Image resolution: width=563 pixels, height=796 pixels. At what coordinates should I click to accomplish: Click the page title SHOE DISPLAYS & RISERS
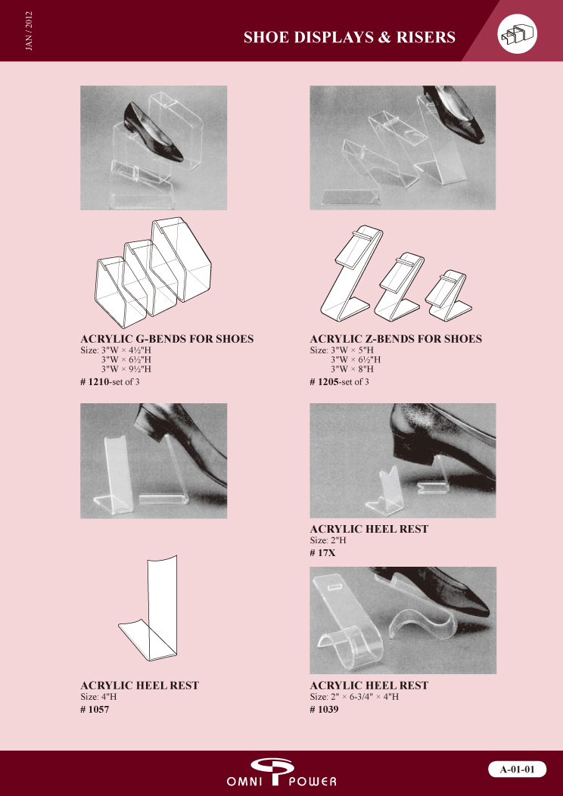[x=350, y=37]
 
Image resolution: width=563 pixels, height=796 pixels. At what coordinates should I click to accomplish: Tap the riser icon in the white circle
[x=518, y=35]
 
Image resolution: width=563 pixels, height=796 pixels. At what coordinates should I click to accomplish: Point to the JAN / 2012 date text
[x=29, y=30]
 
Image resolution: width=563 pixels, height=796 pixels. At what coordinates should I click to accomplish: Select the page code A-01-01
[x=518, y=769]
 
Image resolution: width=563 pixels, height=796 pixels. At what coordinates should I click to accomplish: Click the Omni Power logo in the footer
[x=281, y=772]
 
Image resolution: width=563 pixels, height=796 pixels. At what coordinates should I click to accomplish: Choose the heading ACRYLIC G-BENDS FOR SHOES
[x=167, y=339]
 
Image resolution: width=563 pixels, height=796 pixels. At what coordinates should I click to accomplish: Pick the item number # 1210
[x=95, y=382]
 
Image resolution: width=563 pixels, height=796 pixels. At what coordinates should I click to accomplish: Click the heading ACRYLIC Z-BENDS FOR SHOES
[x=396, y=339]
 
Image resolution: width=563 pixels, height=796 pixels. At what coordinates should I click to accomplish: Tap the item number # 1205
[x=325, y=382]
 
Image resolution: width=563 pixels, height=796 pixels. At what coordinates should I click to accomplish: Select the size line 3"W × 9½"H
[x=126, y=369]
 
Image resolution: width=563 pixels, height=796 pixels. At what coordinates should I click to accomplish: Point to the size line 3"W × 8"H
[x=353, y=369]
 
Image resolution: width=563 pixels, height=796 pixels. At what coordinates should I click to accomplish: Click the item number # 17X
[x=323, y=553]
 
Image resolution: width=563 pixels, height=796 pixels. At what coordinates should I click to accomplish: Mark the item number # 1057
[x=95, y=709]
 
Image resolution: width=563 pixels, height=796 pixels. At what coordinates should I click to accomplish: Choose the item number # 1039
[x=325, y=709]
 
